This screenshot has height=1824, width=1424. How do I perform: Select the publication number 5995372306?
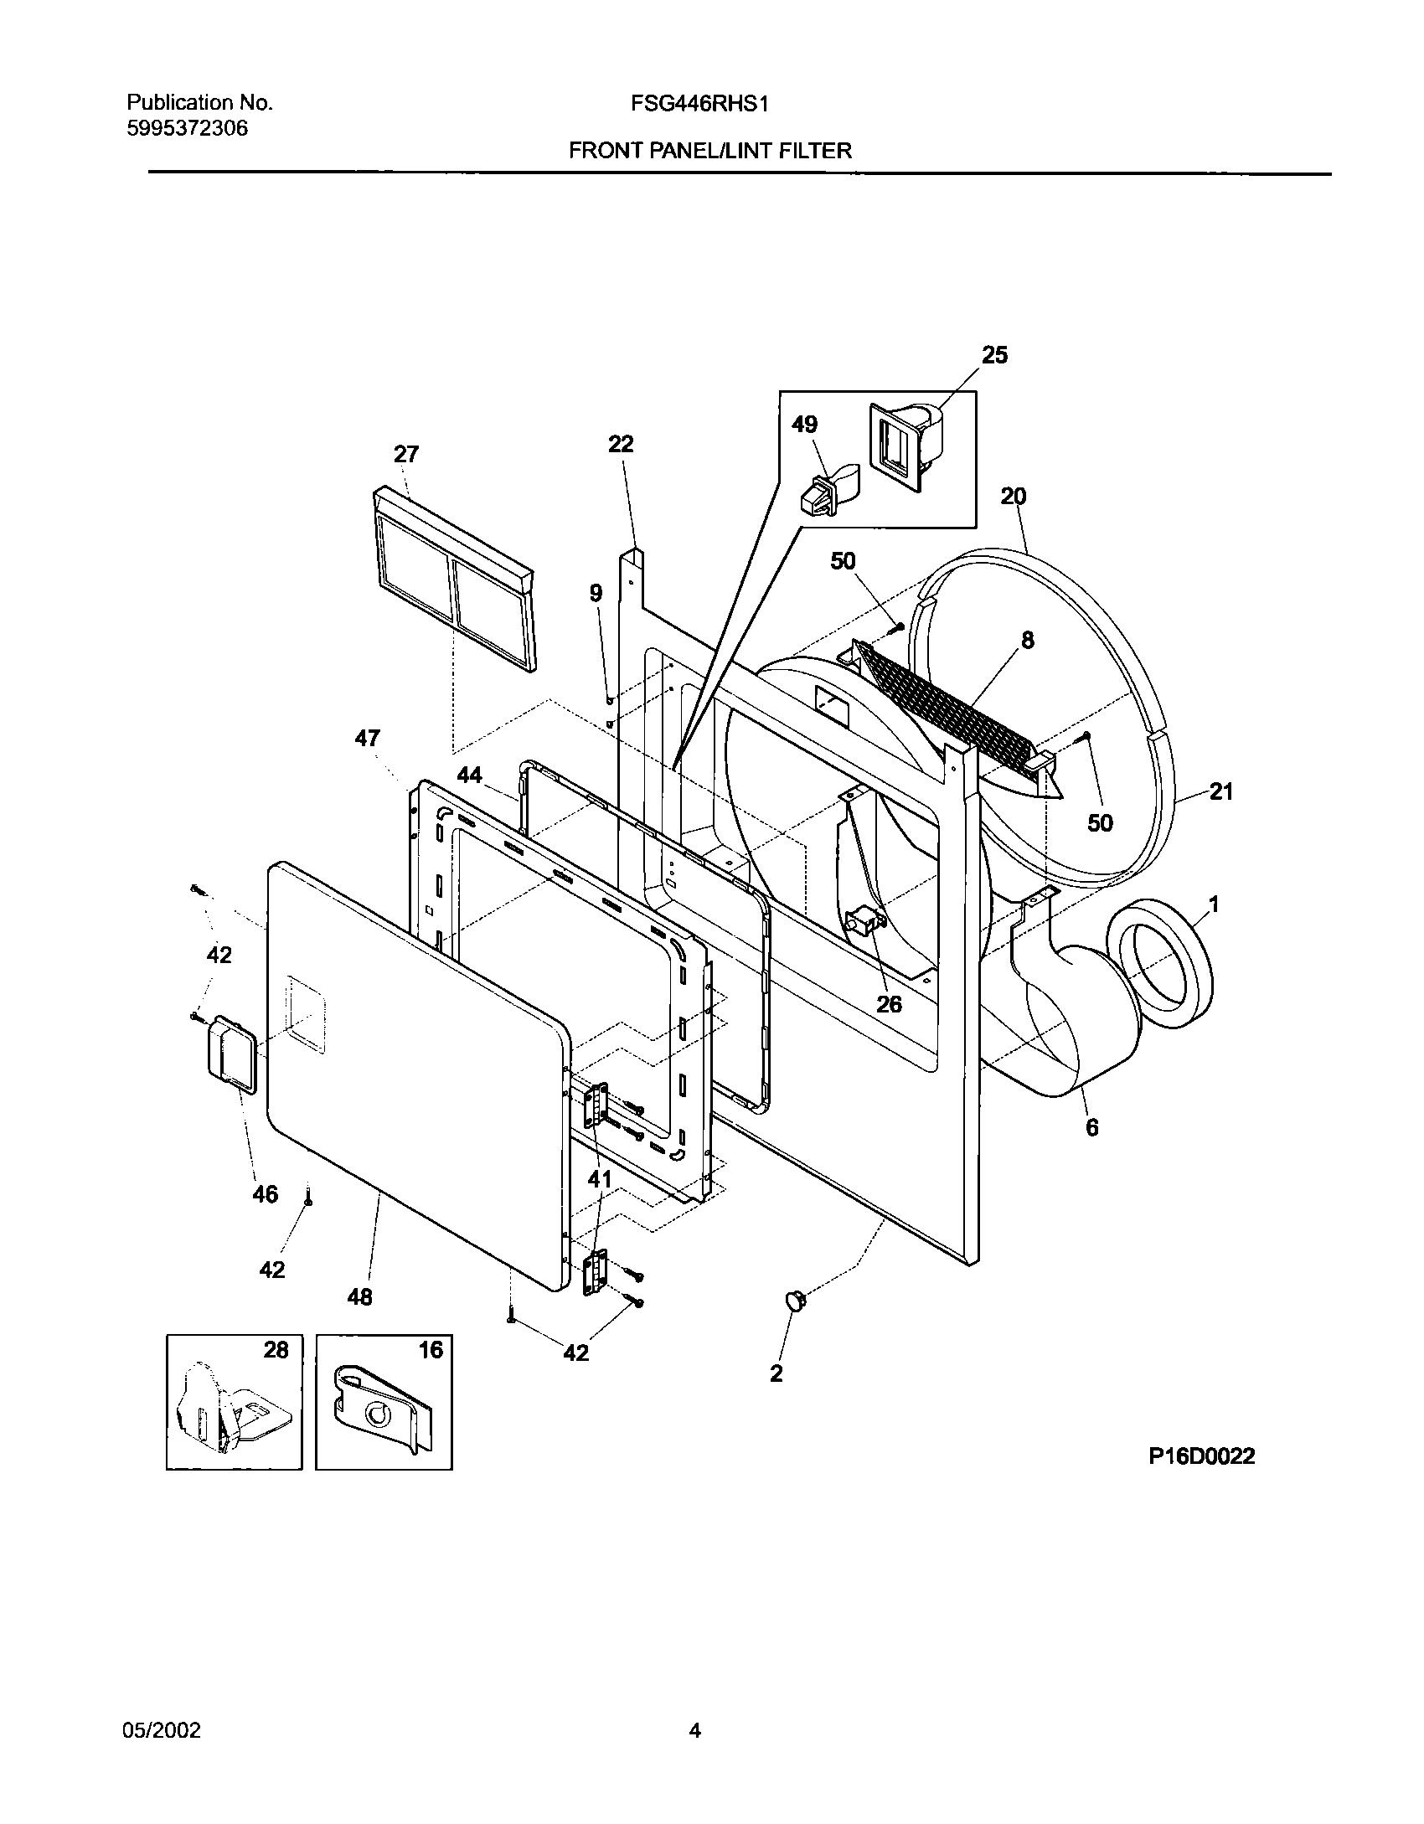tap(187, 129)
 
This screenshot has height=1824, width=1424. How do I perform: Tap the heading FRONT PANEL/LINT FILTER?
tap(710, 151)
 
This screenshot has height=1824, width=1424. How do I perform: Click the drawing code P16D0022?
tap(1201, 1456)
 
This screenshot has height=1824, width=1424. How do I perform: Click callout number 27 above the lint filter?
tap(406, 455)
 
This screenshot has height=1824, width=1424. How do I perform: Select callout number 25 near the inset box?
tap(994, 355)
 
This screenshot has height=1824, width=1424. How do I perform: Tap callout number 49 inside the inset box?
tap(804, 425)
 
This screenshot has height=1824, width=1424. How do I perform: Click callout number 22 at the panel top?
tap(621, 444)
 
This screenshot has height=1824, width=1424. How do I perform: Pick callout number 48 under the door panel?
tap(359, 1297)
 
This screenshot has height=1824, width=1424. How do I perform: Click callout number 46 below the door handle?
tap(265, 1194)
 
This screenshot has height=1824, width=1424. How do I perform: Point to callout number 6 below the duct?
tap(1091, 1128)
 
